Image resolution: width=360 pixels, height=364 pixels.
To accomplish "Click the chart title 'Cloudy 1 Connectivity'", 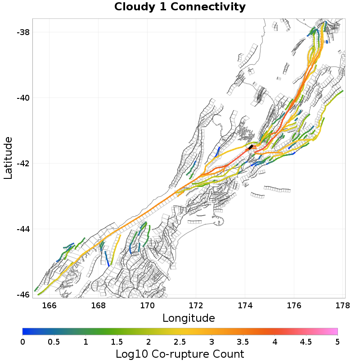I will (180, 7).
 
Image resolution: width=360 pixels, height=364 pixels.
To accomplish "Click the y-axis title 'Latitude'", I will (8, 158).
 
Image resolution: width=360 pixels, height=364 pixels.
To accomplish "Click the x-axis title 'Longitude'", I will (189, 318).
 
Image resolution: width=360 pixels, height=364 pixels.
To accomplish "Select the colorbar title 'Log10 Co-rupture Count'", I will (180, 354).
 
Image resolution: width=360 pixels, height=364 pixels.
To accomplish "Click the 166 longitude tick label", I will (49, 306).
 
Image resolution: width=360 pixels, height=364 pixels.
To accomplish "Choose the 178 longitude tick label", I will (343, 306).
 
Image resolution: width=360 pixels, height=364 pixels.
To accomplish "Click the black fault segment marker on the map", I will (250, 147).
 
